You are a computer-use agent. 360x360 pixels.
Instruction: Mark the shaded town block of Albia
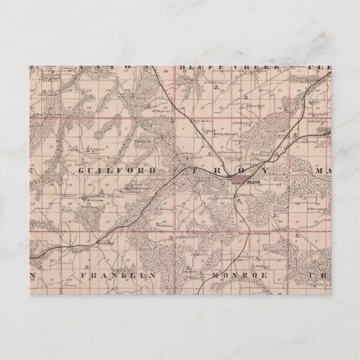click(x=241, y=179)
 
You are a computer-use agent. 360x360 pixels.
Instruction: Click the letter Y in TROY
click(x=266, y=169)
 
